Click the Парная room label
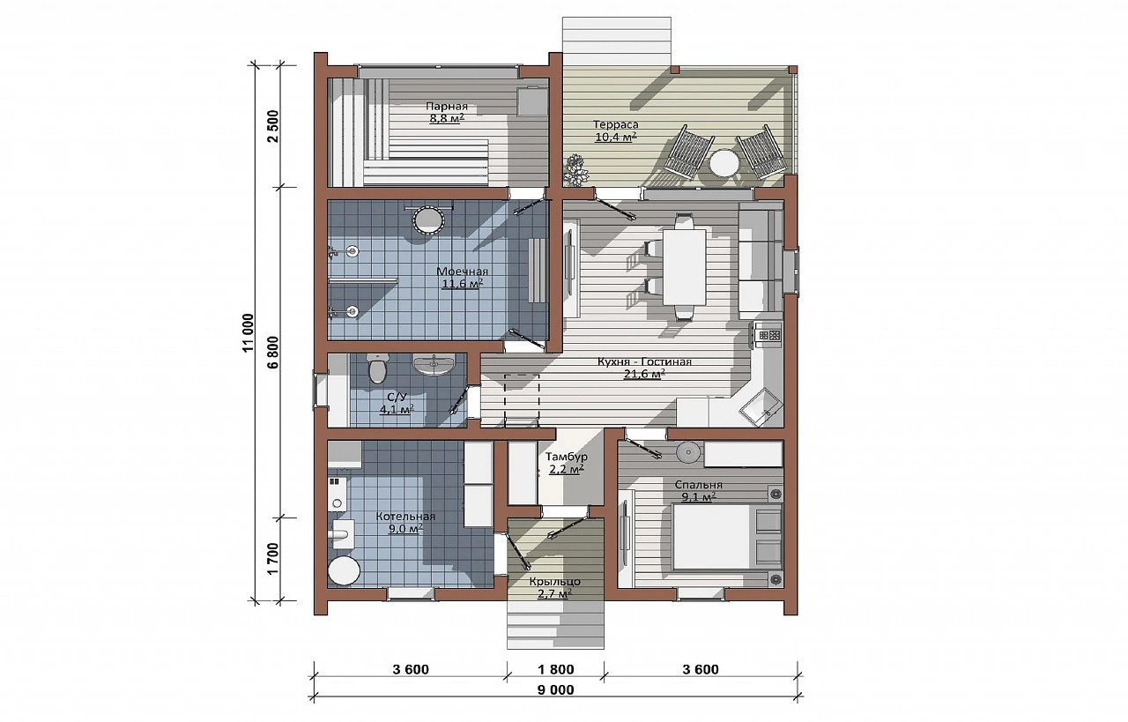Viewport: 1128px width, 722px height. pyautogui.click(x=447, y=107)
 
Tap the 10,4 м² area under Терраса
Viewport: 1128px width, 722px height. pyautogui.click(x=615, y=137)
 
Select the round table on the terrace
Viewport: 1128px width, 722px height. pyautogui.click(x=724, y=163)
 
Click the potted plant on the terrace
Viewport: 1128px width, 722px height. pyautogui.click(x=576, y=170)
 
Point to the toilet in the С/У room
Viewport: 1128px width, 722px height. pyautogui.click(x=378, y=368)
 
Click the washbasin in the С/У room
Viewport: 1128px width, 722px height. pyautogui.click(x=434, y=364)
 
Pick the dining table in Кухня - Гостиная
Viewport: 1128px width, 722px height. pyautogui.click(x=685, y=267)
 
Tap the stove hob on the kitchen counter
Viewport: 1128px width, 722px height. pyautogui.click(x=768, y=335)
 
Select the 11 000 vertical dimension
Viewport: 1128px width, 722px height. pyautogui.click(x=248, y=333)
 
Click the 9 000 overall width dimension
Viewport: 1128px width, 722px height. pyautogui.click(x=555, y=690)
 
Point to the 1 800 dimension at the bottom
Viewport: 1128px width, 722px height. pyautogui.click(x=555, y=670)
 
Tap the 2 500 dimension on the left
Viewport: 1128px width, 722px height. pyautogui.click(x=273, y=126)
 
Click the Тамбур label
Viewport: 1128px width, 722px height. pyautogui.click(x=567, y=457)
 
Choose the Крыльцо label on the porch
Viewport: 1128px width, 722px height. pyautogui.click(x=555, y=582)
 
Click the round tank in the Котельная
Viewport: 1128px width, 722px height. pyautogui.click(x=344, y=571)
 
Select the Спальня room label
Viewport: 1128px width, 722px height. pyautogui.click(x=699, y=485)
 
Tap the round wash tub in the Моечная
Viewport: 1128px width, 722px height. pyautogui.click(x=428, y=220)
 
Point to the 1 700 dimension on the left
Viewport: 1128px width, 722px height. pyautogui.click(x=273, y=559)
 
